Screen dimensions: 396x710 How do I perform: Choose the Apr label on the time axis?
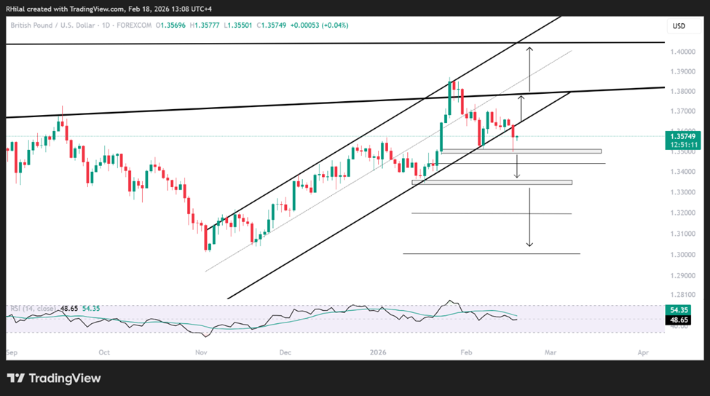click(643, 352)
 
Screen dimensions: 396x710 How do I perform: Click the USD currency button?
click(679, 26)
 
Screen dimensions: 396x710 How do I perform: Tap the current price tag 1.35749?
click(684, 135)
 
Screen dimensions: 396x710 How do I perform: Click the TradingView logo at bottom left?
click(54, 379)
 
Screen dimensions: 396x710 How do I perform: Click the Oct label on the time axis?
click(104, 352)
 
